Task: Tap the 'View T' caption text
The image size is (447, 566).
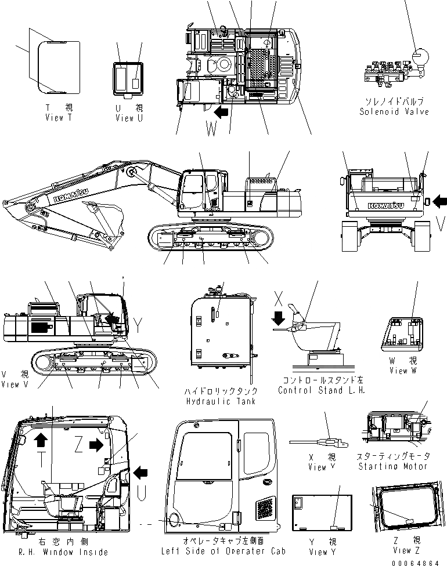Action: (x=59, y=118)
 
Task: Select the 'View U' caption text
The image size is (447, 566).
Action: (x=129, y=118)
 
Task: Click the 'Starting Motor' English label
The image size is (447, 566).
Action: (x=392, y=466)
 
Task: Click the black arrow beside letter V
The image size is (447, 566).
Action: (x=440, y=201)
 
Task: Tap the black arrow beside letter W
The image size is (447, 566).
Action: (x=221, y=111)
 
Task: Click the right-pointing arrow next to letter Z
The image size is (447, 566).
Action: (x=95, y=445)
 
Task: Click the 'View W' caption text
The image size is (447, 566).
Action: (x=403, y=371)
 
